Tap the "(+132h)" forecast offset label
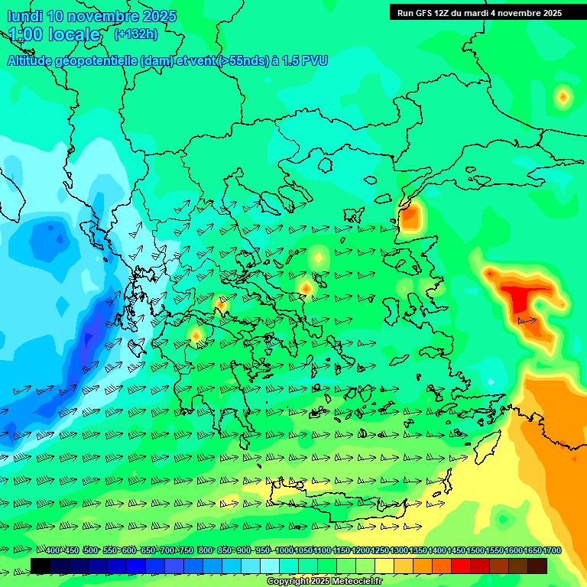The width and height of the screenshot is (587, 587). tap(135, 34)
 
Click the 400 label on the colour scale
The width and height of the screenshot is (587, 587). tap(53, 550)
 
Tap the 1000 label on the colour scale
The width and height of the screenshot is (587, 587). tap(284, 550)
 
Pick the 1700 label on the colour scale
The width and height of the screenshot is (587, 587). tap(552, 550)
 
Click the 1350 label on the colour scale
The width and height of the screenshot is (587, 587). tap(418, 550)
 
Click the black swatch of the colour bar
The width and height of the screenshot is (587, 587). tap(41, 566)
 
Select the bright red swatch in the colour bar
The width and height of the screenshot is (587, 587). tap(461, 566)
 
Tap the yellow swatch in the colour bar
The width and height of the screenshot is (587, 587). tap(384, 566)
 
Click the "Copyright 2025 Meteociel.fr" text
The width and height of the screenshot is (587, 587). tap(324, 582)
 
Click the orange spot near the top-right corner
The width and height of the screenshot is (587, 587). tap(563, 96)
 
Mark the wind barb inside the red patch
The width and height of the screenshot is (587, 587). tap(527, 321)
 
